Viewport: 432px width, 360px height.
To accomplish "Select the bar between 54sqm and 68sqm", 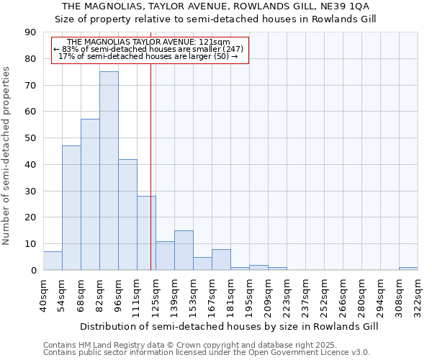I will click(71, 207).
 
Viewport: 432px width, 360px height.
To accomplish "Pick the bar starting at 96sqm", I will click(127, 215).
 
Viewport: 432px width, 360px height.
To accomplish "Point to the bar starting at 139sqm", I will click(184, 251).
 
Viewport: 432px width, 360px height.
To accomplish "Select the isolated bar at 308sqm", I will click(408, 269).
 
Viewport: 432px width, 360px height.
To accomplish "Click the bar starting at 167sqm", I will click(221, 260).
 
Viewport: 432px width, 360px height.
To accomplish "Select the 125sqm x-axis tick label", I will click(156, 294).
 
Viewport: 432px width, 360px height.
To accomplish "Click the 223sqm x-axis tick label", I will click(287, 294).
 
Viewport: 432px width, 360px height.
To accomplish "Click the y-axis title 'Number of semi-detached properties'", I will click(7, 156).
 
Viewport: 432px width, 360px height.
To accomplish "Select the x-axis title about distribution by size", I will click(228, 326).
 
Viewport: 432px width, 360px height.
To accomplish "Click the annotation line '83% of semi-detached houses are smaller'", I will click(150, 49).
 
